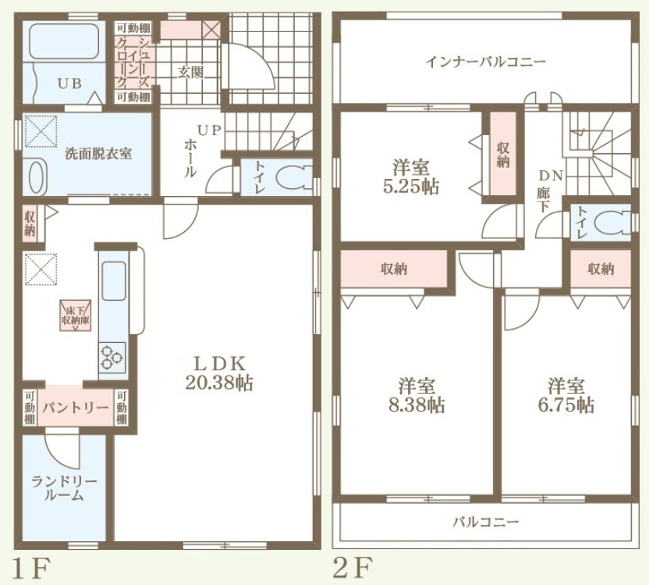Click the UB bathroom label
69,84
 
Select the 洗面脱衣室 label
98,154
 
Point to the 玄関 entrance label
190,72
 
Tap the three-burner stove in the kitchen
112,356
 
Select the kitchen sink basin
113,281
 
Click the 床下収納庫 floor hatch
76,316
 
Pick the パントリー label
76,408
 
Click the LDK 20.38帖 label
218,373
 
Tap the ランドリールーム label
64,488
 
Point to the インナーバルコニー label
486,62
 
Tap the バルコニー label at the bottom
485,522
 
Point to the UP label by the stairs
209,130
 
